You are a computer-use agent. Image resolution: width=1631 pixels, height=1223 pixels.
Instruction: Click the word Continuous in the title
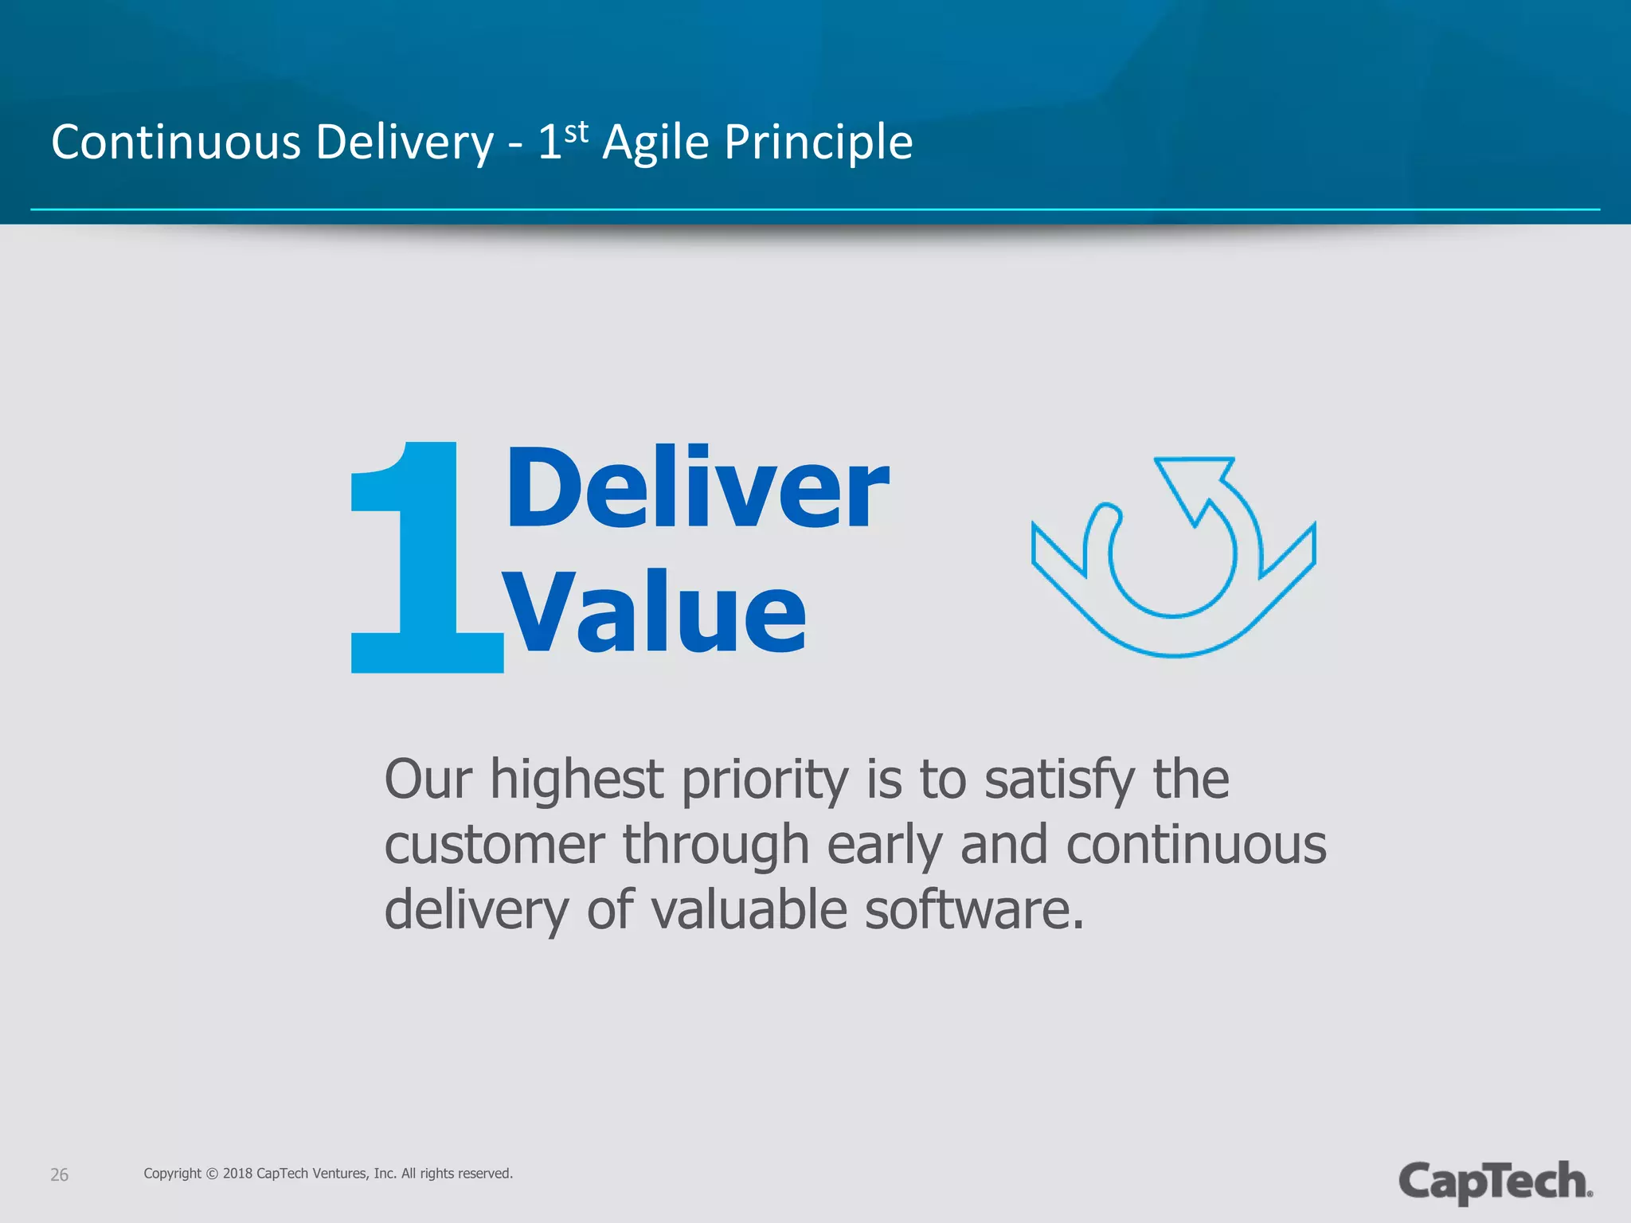click(176, 143)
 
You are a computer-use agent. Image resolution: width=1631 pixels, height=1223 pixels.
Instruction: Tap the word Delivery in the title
click(405, 144)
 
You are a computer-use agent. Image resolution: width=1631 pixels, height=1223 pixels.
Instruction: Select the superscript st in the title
click(577, 133)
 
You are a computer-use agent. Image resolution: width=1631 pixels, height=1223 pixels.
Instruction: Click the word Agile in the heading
click(655, 144)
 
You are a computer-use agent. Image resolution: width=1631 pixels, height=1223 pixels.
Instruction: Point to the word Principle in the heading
click(818, 144)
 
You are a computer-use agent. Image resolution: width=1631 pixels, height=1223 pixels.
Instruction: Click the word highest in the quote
click(577, 780)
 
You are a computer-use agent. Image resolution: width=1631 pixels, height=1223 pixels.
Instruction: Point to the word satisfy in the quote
click(1059, 780)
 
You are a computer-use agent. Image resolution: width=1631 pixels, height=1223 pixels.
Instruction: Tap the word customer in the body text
click(494, 845)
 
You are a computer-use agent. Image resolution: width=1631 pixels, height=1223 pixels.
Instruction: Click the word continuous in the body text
click(1196, 845)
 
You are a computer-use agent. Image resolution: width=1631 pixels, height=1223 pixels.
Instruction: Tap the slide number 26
click(59, 1175)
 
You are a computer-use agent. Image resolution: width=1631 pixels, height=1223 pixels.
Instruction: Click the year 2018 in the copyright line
click(237, 1174)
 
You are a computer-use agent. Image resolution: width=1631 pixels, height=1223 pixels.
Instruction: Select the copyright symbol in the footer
click(212, 1174)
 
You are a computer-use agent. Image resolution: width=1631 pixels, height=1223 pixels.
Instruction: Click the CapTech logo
click(1495, 1181)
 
